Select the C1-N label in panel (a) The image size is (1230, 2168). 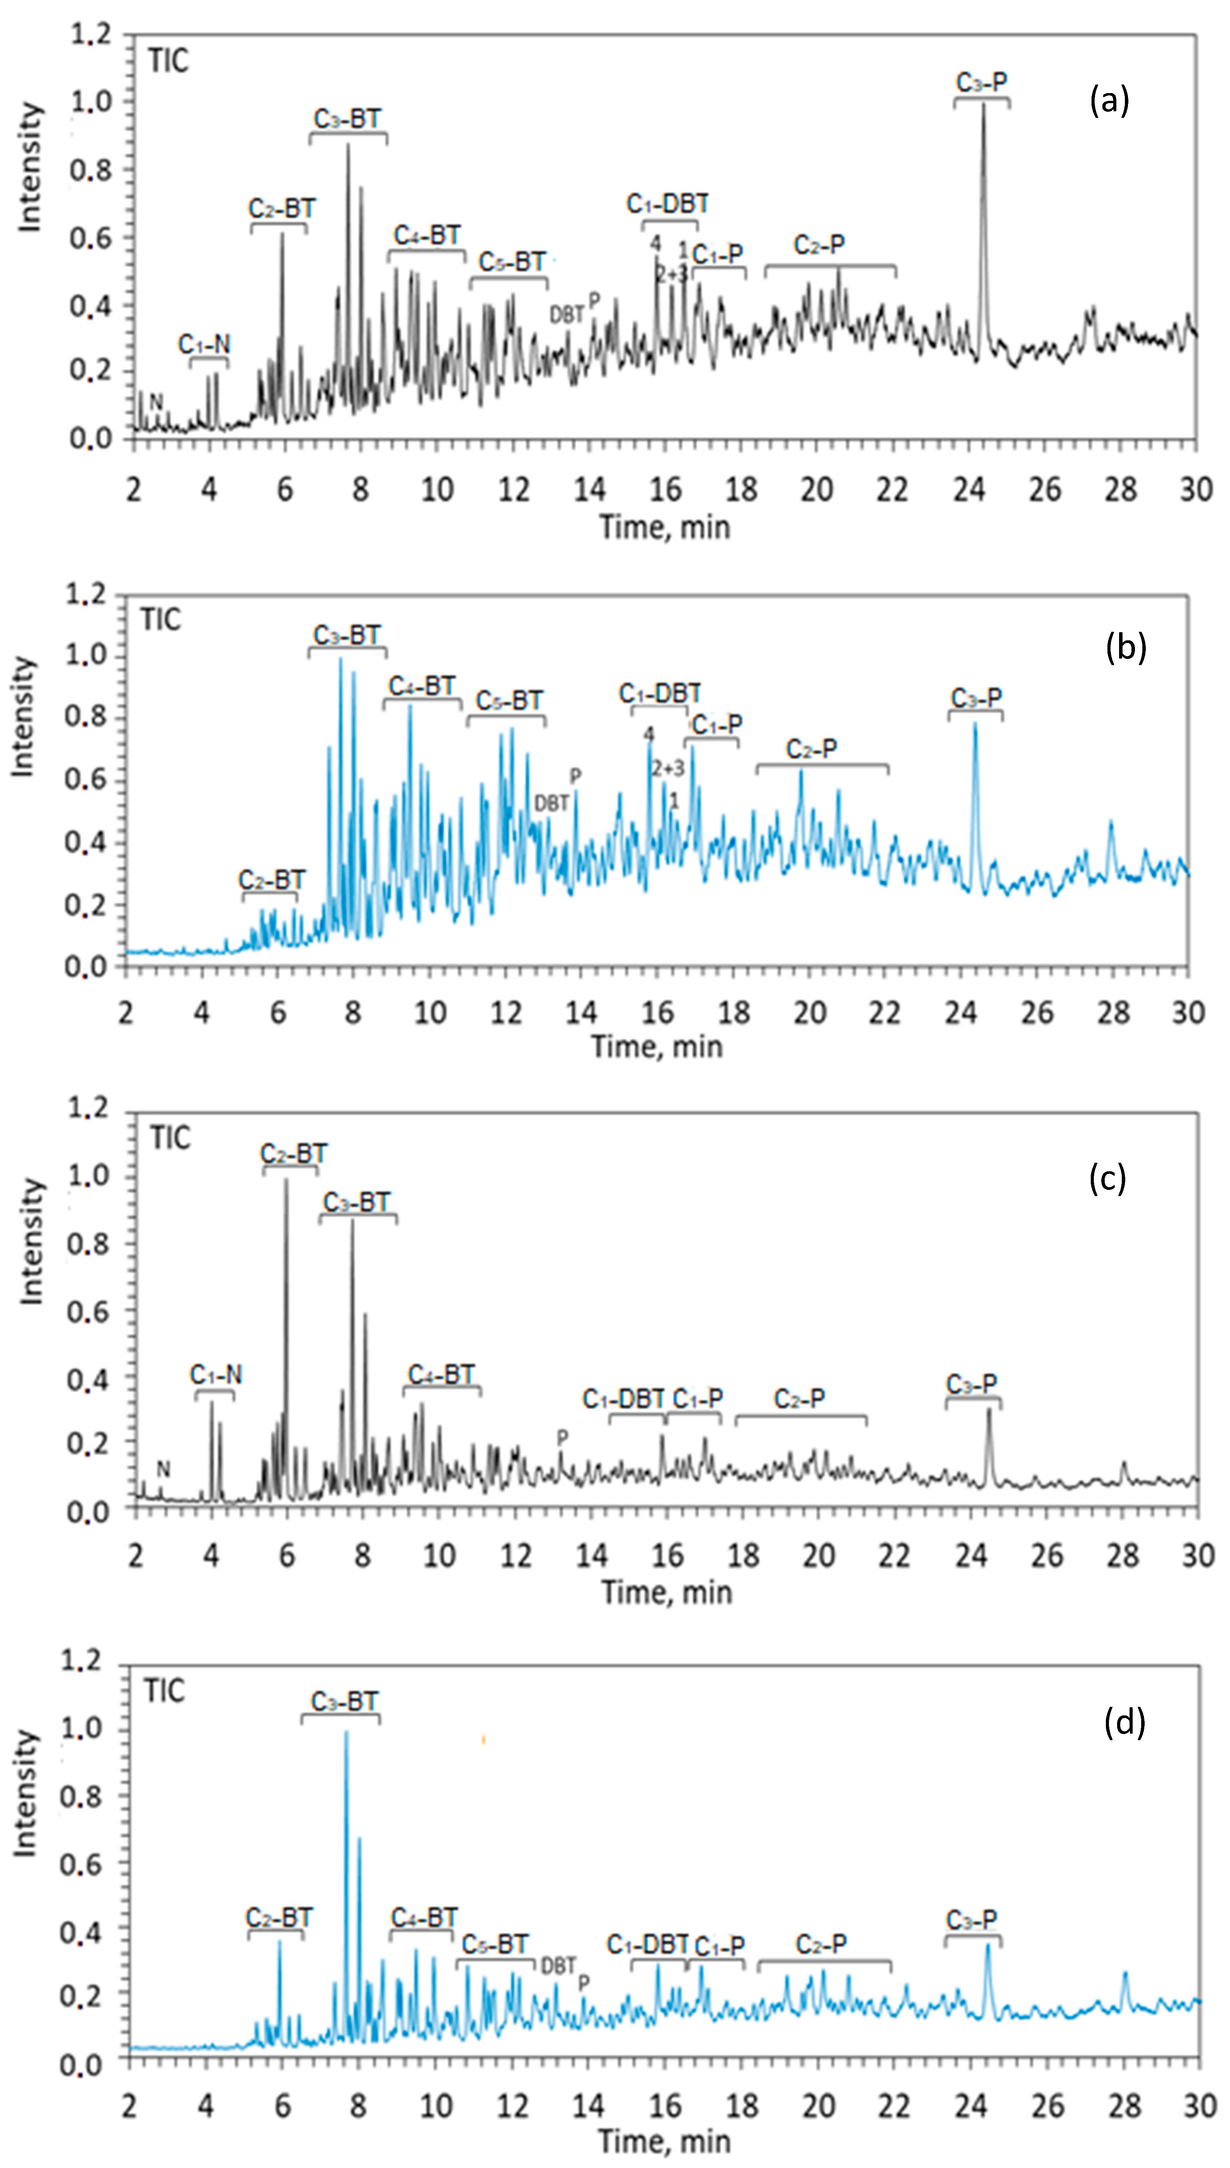204,344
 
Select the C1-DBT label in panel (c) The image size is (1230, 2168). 623,1399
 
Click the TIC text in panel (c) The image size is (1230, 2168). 170,1138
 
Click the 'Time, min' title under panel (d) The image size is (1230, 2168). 665,2141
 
